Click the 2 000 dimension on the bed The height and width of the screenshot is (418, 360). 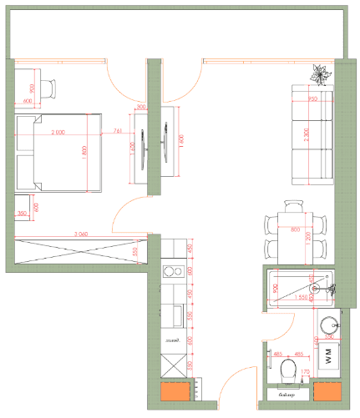point(58,133)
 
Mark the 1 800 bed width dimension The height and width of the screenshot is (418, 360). point(85,153)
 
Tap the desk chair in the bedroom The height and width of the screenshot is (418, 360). point(49,87)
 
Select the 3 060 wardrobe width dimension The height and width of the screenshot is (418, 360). point(81,234)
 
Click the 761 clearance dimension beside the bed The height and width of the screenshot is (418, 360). point(117,132)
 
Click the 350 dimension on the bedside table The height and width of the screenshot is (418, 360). point(22,214)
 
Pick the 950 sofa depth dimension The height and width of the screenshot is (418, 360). point(312,99)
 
